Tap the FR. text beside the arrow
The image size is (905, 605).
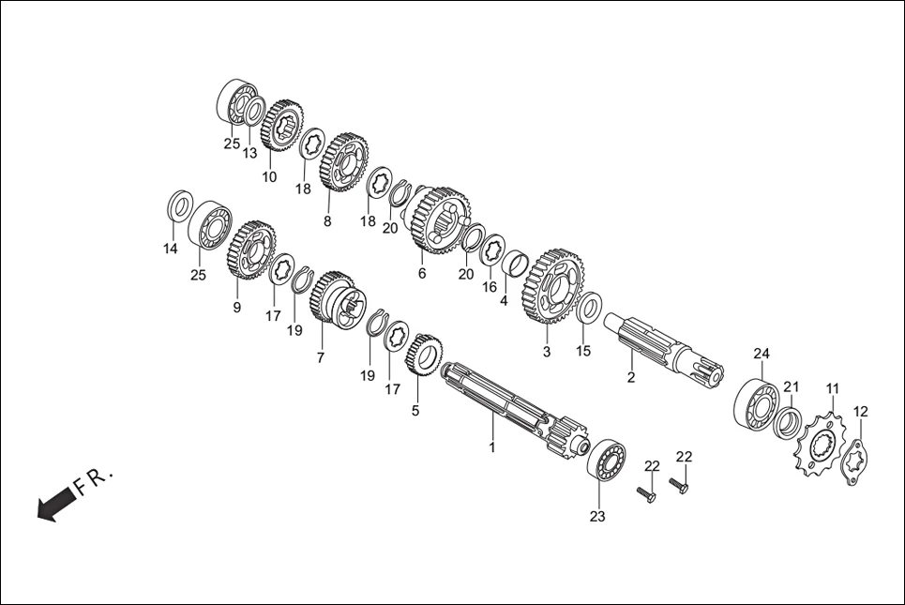94,480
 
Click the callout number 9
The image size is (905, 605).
236,308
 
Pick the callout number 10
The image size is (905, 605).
269,176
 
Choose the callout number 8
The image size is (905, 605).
327,222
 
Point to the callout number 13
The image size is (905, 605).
249,153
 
